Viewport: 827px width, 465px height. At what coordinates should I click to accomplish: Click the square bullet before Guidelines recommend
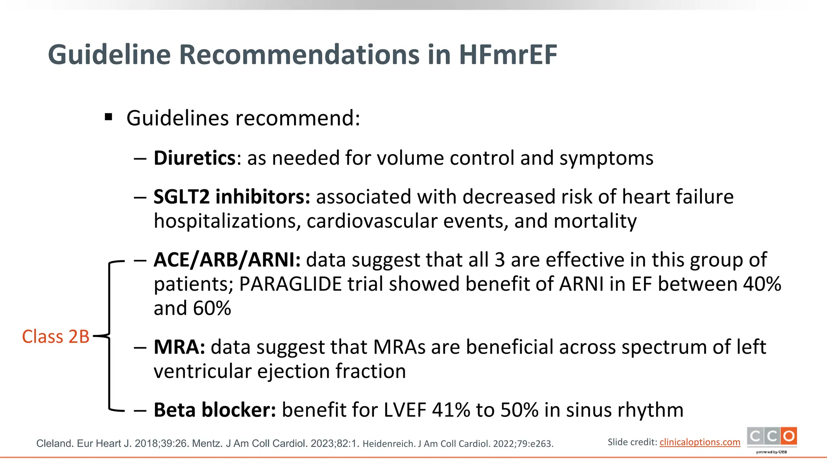tap(108, 117)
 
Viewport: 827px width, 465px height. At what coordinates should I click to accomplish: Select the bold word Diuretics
tap(194, 158)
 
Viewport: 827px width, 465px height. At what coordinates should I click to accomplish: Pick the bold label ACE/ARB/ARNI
tap(227, 260)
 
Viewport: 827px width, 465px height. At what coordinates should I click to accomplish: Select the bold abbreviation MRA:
tap(179, 347)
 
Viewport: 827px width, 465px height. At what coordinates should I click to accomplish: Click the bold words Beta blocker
tap(214, 410)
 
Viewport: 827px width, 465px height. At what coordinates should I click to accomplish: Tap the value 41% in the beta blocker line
tap(451, 410)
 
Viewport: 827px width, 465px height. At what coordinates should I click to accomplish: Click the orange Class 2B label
tap(55, 337)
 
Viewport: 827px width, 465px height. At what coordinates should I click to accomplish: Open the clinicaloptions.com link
tap(700, 442)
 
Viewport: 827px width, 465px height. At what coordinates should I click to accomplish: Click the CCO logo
tap(772, 437)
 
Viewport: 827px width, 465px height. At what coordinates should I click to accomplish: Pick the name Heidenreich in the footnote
tap(389, 444)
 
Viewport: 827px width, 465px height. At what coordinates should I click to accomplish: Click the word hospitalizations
tap(227, 221)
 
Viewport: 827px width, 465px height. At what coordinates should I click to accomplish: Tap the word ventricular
tap(203, 371)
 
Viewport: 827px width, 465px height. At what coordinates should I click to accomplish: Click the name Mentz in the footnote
tap(206, 444)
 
